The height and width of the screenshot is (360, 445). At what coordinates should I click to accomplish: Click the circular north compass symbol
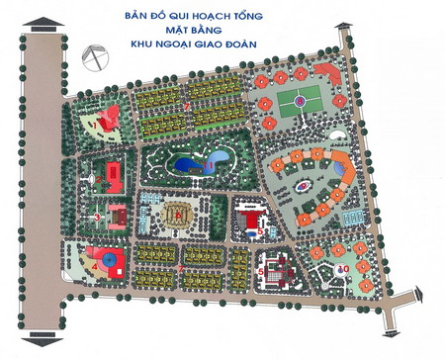[94, 57]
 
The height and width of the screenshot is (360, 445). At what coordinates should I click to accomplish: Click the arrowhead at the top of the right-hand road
[346, 37]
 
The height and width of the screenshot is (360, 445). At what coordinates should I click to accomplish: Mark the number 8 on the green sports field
[297, 99]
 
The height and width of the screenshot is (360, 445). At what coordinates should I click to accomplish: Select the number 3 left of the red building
[97, 216]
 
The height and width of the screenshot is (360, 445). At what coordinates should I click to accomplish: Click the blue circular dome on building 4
[118, 265]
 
